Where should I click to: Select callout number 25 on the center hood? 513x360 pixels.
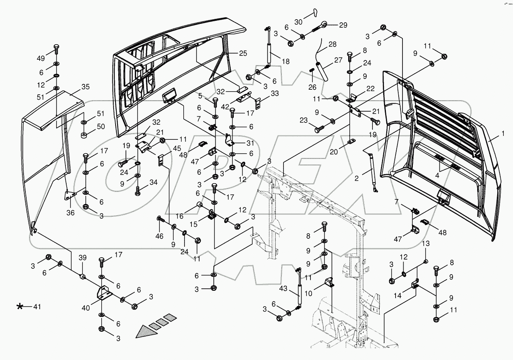pyautogui.click(x=243, y=53)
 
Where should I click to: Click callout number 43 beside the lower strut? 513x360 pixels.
pyautogui.click(x=283, y=288)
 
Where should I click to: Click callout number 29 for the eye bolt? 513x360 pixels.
pyautogui.click(x=343, y=25)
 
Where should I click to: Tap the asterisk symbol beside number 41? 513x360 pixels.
pyautogui.click(x=20, y=306)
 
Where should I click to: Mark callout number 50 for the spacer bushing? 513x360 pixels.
pyautogui.click(x=101, y=126)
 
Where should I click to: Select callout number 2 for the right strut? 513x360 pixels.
pyautogui.click(x=357, y=178)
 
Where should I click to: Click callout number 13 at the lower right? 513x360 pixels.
pyautogui.click(x=426, y=243)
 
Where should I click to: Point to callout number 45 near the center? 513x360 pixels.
pyautogui.click(x=177, y=148)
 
